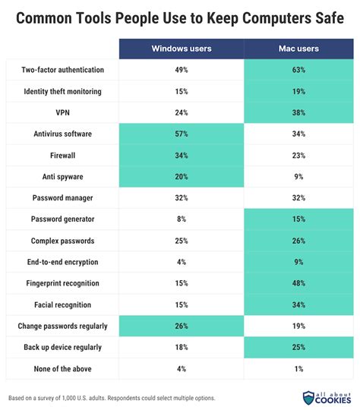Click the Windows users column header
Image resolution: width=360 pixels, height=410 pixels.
point(182,49)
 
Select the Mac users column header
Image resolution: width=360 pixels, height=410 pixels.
point(298,49)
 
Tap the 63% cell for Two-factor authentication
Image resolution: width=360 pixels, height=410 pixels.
point(298,71)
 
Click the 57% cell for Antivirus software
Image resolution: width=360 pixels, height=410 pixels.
point(182,134)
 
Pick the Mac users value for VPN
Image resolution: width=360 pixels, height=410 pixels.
point(298,113)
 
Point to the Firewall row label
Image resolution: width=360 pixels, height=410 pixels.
point(63,156)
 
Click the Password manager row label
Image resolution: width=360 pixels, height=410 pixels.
point(63,198)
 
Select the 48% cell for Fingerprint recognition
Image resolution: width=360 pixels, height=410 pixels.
point(298,283)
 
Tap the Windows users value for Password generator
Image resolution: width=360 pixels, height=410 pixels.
point(182,219)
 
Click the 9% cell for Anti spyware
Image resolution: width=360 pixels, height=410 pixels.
point(298,177)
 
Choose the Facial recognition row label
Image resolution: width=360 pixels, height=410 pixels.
point(63,304)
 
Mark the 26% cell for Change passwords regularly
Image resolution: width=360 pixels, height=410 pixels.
point(182,326)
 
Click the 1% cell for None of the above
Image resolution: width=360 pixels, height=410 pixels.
point(298,368)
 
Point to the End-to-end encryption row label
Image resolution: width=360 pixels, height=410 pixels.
point(63,262)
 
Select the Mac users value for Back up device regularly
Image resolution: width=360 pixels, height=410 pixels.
point(298,347)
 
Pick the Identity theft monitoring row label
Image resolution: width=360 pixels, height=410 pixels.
point(63,92)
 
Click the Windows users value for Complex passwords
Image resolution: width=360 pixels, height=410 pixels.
point(182,241)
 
